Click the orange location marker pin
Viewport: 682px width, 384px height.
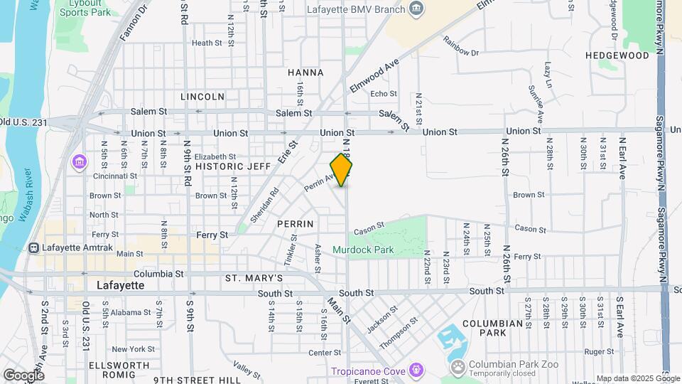coord(341,170)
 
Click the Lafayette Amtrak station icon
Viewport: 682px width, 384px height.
coord(33,248)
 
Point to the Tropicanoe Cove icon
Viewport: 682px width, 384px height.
coord(416,370)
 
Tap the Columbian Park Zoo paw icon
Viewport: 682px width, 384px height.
coord(458,367)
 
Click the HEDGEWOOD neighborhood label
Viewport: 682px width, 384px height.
coord(614,55)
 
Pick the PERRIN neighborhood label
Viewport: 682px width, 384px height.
coord(296,223)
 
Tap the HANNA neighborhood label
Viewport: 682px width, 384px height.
coord(305,73)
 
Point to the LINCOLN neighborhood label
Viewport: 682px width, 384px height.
coord(202,96)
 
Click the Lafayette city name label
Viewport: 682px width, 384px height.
coord(120,285)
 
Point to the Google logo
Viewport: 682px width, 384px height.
coord(23,375)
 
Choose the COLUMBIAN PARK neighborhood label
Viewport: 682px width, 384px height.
coord(492,328)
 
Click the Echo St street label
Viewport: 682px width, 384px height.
coord(384,94)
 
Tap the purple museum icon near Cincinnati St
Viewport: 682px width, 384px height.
coord(77,163)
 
